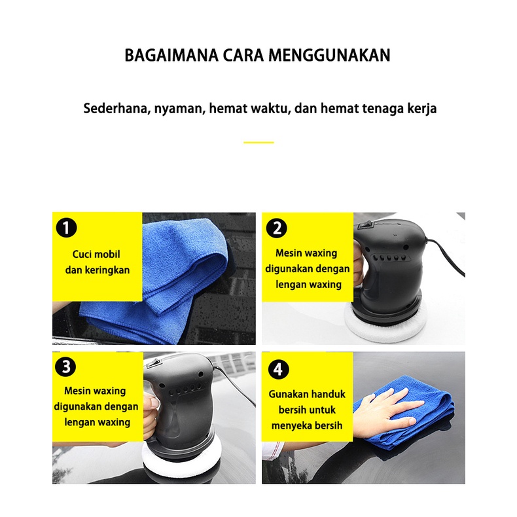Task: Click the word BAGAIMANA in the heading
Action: [171, 56]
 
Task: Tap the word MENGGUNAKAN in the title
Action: [329, 56]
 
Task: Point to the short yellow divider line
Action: [259, 143]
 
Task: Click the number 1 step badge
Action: [66, 228]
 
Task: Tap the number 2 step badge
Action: [277, 228]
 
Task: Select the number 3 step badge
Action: [66, 366]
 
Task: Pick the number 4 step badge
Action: [278, 369]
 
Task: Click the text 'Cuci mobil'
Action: [96, 254]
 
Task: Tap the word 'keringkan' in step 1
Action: [107, 270]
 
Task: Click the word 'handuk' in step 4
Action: [328, 394]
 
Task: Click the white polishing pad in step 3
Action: [182, 461]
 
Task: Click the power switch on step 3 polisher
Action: [154, 364]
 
